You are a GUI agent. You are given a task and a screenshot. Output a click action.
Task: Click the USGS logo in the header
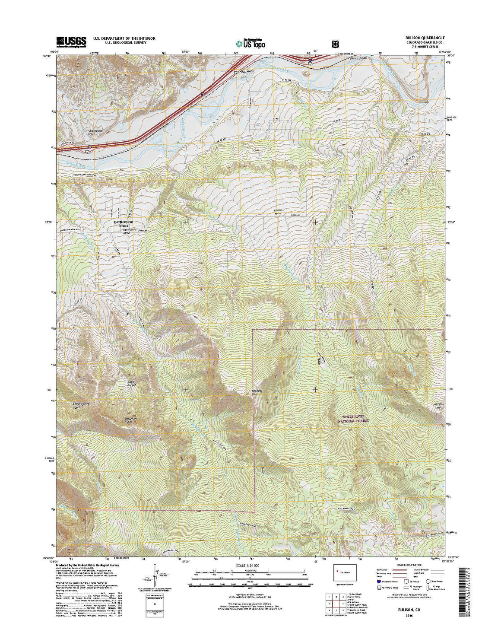(71, 41)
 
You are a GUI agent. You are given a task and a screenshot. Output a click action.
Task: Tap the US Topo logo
(250, 43)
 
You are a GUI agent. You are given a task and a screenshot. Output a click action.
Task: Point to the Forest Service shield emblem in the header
(334, 44)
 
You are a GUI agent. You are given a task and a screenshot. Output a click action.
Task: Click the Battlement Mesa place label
(122, 223)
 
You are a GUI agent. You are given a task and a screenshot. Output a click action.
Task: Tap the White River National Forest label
(354, 419)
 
